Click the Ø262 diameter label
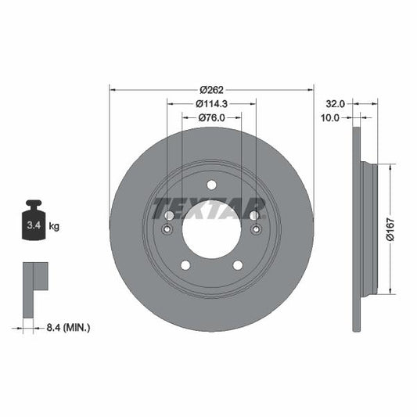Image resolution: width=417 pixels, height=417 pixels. click(x=212, y=88)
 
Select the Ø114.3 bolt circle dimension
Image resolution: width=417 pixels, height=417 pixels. click(x=212, y=103)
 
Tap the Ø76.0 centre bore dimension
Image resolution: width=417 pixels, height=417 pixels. click(x=212, y=118)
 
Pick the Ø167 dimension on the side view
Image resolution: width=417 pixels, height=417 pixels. click(x=391, y=230)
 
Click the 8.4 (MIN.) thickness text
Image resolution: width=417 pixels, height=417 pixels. click(x=67, y=327)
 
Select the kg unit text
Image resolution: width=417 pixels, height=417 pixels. click(x=54, y=226)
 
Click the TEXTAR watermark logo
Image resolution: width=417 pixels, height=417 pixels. click(x=210, y=209)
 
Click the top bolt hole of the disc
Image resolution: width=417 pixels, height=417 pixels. click(x=211, y=185)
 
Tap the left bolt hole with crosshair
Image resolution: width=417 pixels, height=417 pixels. click(x=167, y=230)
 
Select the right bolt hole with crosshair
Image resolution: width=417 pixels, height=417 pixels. click(x=255, y=230)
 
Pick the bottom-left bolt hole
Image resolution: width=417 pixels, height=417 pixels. click(x=185, y=265)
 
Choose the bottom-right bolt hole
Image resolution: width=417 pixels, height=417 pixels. click(x=238, y=265)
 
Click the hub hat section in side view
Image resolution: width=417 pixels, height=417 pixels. click(x=369, y=229)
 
